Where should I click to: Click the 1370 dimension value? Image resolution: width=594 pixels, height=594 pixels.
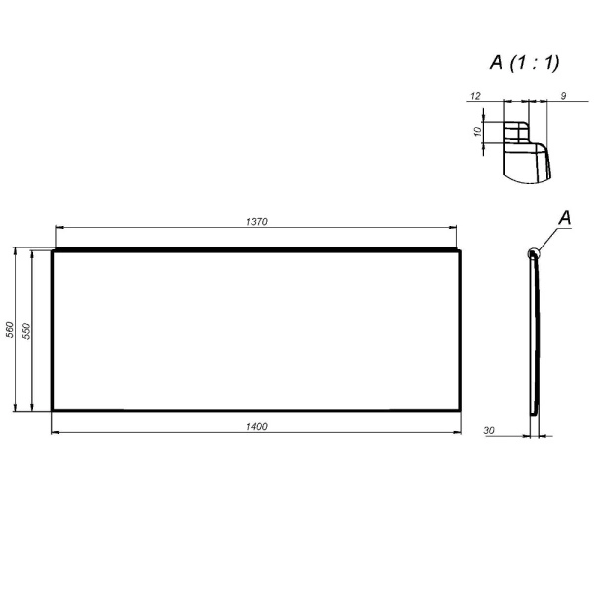256,221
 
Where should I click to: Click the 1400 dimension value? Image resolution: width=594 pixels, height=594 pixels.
256,426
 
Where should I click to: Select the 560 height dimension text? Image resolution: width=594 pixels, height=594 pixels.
10,329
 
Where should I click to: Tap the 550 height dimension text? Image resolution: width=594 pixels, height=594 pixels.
26,331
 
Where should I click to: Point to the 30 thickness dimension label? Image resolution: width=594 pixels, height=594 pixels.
489,431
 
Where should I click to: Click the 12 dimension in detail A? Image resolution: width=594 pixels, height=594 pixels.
475,96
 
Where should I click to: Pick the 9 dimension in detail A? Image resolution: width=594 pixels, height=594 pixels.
563,96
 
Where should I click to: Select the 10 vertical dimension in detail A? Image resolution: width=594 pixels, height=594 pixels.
478,131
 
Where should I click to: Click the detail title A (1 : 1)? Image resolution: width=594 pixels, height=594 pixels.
525,63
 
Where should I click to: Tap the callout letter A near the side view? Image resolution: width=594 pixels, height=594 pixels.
565,218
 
